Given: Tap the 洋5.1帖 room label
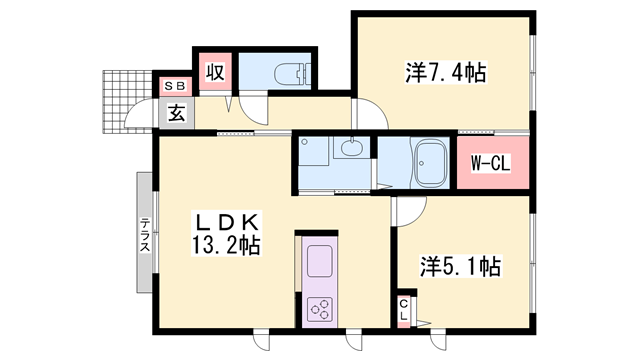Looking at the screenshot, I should (460, 266).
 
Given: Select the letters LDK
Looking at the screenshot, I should (227, 221).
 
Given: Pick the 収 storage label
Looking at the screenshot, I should (215, 73).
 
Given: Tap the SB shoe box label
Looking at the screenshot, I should (175, 86).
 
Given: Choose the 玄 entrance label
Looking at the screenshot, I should (176, 114).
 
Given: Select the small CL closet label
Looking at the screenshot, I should (404, 310).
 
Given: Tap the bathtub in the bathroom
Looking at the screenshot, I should (431, 161).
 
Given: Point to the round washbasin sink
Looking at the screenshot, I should (351, 151).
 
